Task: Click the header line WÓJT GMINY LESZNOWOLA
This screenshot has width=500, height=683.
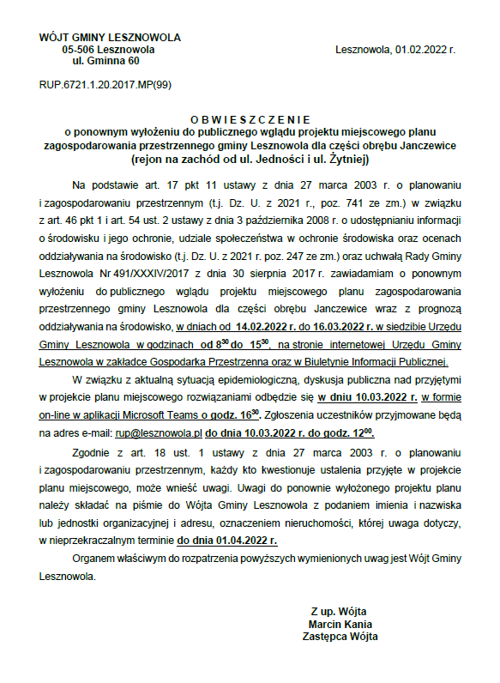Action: (110, 39)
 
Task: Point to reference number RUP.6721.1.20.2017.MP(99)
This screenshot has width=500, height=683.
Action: (105, 86)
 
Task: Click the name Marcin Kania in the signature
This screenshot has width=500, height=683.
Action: (340, 624)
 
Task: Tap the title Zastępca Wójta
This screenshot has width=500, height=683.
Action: (340, 637)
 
